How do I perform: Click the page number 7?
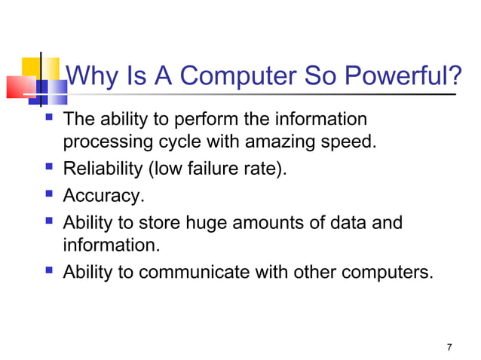pyautogui.click(x=449, y=347)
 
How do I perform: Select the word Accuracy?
pyautogui.click(x=103, y=196)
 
